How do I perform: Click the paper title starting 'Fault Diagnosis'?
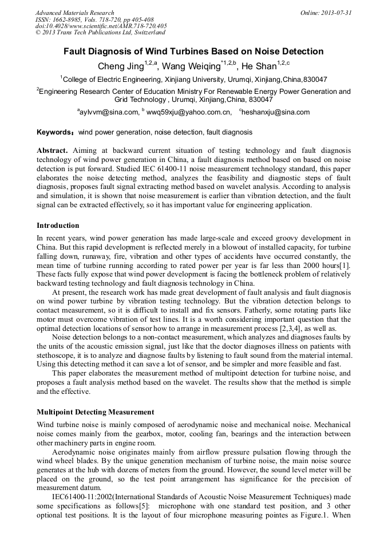point(193,52)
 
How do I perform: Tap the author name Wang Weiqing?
point(192,66)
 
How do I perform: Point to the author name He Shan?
point(259,66)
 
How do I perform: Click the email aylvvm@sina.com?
point(109,113)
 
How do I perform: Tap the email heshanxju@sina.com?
point(275,113)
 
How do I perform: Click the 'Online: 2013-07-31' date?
point(326,13)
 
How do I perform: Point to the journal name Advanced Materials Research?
point(74,13)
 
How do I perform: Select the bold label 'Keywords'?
point(55,132)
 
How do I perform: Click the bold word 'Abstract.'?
point(52,151)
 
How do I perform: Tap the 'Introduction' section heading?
point(58,226)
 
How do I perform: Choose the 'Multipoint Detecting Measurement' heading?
point(95,412)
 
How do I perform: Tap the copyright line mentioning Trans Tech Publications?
point(100,33)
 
